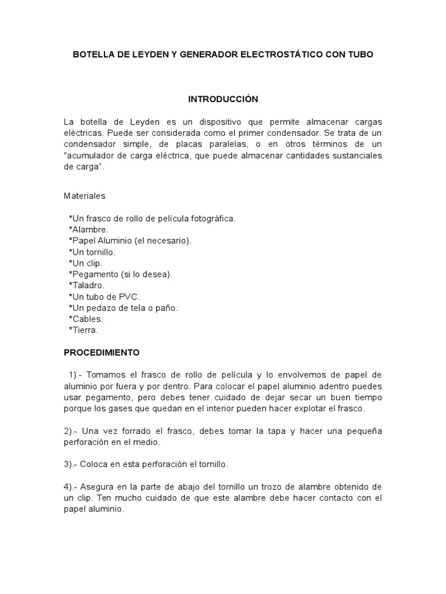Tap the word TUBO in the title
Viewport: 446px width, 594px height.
(361, 55)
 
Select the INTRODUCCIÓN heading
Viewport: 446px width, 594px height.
(223, 99)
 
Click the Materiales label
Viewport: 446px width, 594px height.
(85, 196)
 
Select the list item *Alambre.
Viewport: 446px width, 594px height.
(88, 229)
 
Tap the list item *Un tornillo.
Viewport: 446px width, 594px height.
(92, 252)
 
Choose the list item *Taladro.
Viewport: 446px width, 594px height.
(87, 285)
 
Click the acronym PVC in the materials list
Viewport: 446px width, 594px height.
(130, 296)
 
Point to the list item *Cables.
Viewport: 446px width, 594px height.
(86, 319)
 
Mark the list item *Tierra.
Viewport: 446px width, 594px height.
(84, 330)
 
